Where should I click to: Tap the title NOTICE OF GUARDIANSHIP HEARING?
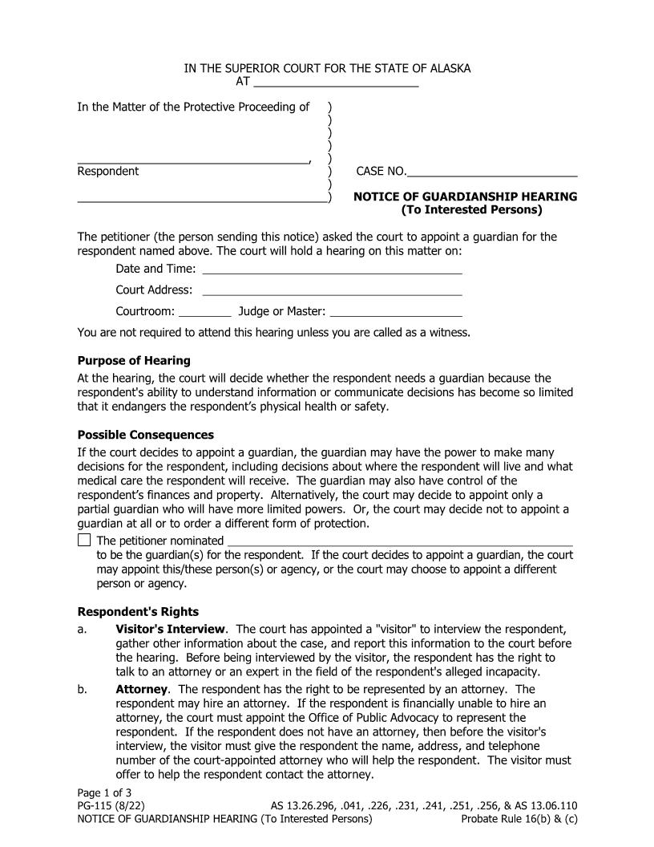pos(465,197)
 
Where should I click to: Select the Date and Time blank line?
pos(332,269)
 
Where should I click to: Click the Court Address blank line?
pos(332,290)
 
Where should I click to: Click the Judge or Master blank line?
pos(396,311)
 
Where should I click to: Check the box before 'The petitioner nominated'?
pos(84,541)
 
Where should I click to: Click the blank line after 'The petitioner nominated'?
pos(400,541)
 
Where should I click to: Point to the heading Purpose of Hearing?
pos(134,360)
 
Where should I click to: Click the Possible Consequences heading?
pos(145,435)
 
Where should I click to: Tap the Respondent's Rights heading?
pos(138,612)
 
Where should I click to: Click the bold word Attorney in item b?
pos(141,689)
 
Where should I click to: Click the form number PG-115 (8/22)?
pos(111,806)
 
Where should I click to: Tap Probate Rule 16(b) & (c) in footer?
pos(519,819)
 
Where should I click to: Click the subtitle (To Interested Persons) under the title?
pos(471,210)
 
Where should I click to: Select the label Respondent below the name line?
pos(107,171)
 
